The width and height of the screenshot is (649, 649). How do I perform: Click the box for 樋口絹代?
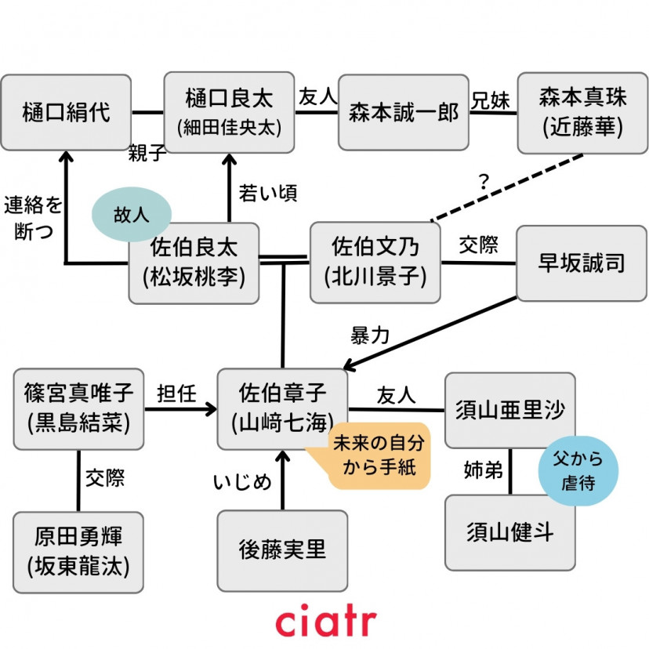click(66, 112)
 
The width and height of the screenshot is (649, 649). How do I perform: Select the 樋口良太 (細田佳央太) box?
click(229, 112)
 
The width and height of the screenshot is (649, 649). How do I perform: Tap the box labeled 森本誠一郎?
click(403, 112)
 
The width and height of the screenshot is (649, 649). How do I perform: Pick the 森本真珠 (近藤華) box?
click(582, 112)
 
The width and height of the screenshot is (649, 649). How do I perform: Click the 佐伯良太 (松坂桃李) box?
click(194, 263)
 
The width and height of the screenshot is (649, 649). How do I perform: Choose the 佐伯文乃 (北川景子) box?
click(375, 263)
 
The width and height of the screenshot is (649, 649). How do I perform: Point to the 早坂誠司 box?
click(582, 263)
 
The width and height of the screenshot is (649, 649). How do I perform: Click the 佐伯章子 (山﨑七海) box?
click(282, 408)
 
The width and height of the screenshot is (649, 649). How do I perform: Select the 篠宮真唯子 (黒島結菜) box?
click(78, 408)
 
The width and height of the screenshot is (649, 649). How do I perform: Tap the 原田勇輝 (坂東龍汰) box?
click(78, 551)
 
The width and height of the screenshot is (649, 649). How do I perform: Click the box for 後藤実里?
click(282, 550)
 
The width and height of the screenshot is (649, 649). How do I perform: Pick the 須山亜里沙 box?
click(509, 411)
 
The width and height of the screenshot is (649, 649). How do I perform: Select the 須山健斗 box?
click(509, 533)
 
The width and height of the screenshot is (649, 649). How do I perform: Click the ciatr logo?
click(325, 621)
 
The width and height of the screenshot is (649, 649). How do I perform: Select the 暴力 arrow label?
click(369, 336)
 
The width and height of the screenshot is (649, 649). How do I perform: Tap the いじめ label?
click(242, 480)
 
